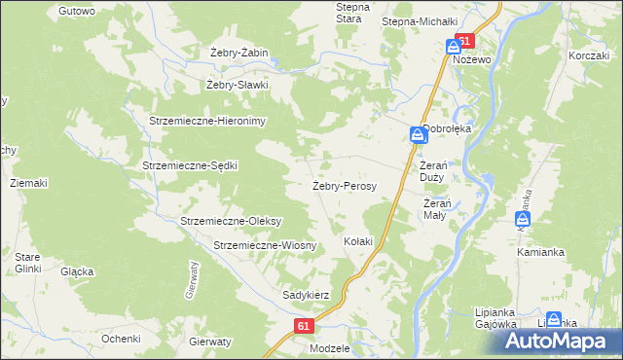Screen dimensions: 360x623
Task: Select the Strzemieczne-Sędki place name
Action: tap(190, 165)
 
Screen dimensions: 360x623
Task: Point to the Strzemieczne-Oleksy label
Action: tap(231, 221)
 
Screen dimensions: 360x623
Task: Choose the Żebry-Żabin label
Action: tap(238, 53)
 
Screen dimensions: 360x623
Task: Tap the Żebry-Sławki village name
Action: tap(237, 85)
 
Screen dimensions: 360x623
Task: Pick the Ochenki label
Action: tap(121, 338)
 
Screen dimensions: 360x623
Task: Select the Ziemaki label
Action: tap(28, 183)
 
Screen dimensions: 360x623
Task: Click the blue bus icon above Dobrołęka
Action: tap(417, 135)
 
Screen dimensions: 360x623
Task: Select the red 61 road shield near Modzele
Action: tap(304, 328)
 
